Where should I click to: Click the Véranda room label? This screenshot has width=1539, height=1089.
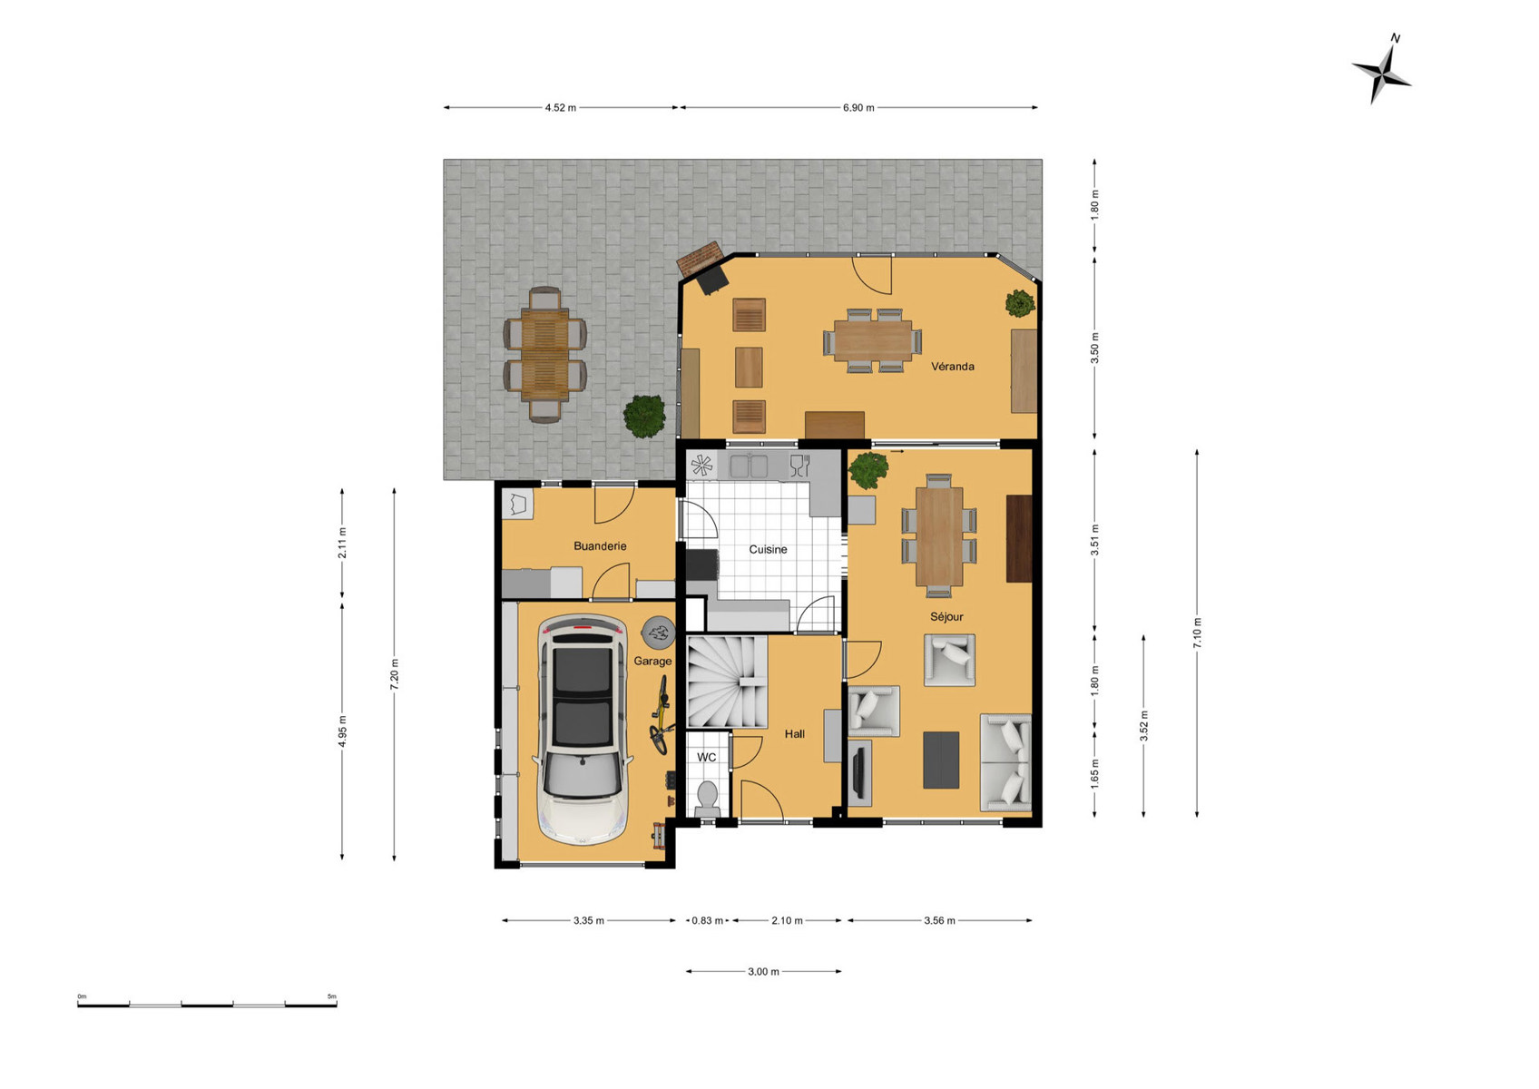(x=952, y=367)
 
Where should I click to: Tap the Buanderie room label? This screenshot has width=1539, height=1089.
(x=600, y=546)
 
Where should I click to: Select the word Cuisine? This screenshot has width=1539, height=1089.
(x=768, y=550)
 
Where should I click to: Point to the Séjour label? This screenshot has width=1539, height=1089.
(x=946, y=617)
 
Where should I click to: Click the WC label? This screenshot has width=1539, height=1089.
(x=706, y=757)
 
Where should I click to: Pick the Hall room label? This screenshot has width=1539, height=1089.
(x=794, y=734)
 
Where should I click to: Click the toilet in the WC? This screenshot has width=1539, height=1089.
(x=707, y=799)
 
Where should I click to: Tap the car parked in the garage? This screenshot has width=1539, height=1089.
(x=583, y=731)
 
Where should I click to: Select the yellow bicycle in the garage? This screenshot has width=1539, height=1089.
(x=661, y=715)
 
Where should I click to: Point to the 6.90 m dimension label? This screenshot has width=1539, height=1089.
(x=858, y=108)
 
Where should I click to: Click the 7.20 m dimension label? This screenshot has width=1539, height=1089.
(x=395, y=674)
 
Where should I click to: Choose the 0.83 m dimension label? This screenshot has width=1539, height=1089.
(x=707, y=921)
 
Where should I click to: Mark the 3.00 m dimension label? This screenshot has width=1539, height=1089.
(x=763, y=972)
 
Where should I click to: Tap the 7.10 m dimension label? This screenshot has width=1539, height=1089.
(x=1197, y=633)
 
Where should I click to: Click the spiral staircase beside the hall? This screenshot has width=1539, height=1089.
(x=727, y=682)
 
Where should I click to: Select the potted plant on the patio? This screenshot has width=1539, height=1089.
(x=644, y=417)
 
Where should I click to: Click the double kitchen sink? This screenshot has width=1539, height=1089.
(x=749, y=466)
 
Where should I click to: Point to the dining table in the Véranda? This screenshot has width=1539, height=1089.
(x=873, y=341)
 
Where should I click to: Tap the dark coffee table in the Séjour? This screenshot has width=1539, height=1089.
(x=941, y=760)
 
